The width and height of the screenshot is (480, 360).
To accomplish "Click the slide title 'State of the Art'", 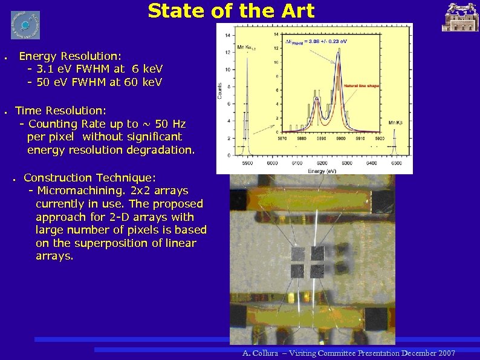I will tap(231, 11).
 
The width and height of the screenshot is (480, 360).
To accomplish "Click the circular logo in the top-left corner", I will tap(25, 25).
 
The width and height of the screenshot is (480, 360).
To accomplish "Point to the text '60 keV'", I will tap(143, 82).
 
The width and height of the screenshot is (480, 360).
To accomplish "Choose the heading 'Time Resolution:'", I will tap(60, 111).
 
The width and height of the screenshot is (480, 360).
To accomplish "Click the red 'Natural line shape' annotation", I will tap(361, 86).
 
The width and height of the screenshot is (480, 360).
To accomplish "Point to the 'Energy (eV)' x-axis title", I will tap(322, 171).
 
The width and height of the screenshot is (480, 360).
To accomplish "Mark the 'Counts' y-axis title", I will tap(220, 91).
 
